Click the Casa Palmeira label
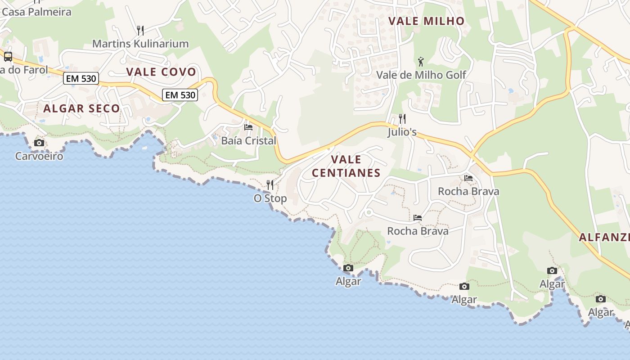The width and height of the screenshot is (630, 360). pyautogui.click(x=36, y=12)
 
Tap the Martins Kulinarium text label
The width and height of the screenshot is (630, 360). pyautogui.click(x=140, y=44)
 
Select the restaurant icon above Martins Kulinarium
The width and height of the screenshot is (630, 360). pyautogui.click(x=140, y=31)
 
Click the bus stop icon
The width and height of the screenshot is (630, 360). pyautogui.click(x=8, y=57)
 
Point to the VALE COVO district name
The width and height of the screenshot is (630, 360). pyautogui.click(x=161, y=72)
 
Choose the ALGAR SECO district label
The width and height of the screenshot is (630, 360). pyautogui.click(x=81, y=108)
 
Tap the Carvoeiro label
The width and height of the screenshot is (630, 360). pyautogui.click(x=39, y=156)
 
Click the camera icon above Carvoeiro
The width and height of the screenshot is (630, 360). pyautogui.click(x=39, y=143)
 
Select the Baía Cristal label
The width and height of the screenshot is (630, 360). pyautogui.click(x=248, y=140)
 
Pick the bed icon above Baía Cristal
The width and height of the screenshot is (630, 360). pyautogui.click(x=248, y=127)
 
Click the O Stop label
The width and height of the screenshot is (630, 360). pyautogui.click(x=270, y=198)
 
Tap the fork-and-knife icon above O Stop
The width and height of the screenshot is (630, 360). pyautogui.click(x=270, y=185)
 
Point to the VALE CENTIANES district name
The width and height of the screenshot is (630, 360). pyautogui.click(x=346, y=166)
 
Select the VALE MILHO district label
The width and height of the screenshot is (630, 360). pyautogui.click(x=426, y=21)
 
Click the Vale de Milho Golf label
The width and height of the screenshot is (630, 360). pyautogui.click(x=421, y=75)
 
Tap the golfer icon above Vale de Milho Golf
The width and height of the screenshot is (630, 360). pyautogui.click(x=421, y=62)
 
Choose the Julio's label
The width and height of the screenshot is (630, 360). pyautogui.click(x=402, y=132)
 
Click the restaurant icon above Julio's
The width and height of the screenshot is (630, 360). pyautogui.click(x=402, y=119)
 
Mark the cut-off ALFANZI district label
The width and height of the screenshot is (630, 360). pyautogui.click(x=604, y=237)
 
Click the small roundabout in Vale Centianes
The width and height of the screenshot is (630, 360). pyautogui.click(x=369, y=212)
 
